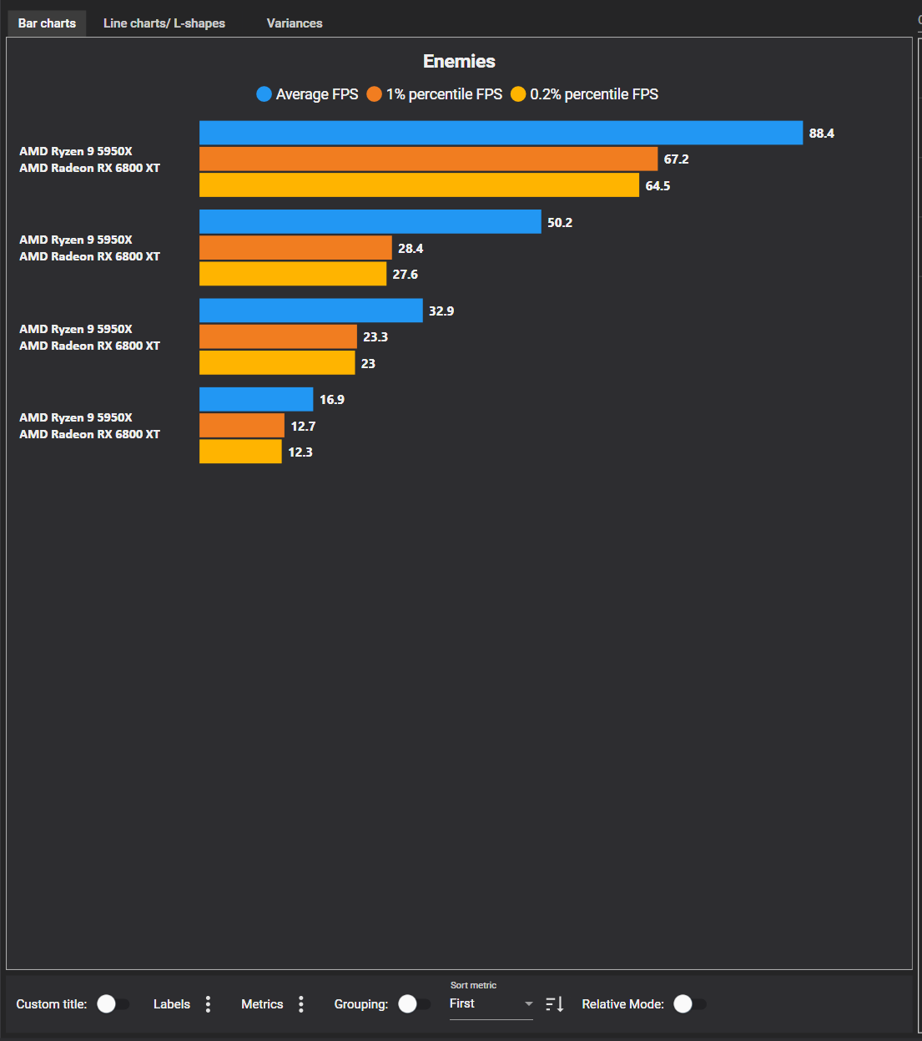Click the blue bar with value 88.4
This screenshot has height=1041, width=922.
501,133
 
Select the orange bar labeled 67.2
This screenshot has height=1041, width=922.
428,159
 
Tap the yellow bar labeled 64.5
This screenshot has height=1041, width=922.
419,185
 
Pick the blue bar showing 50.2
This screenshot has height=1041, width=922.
370,222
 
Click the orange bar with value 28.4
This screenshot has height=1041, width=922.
295,248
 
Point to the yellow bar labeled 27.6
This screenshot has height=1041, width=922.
293,274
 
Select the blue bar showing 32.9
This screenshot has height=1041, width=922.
310,311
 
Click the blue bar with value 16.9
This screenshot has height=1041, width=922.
256,399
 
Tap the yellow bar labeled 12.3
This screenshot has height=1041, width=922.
240,452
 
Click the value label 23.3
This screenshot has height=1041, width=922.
375,337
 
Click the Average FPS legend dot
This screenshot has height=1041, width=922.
265,94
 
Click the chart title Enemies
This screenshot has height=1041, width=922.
459,61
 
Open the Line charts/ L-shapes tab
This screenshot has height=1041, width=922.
164,23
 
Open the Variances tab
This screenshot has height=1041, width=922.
295,23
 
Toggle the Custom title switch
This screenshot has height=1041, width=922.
113,1003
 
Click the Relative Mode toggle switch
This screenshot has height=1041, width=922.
689,1003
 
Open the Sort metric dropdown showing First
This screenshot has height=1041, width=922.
491,1003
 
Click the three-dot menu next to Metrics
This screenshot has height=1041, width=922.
301,1004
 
